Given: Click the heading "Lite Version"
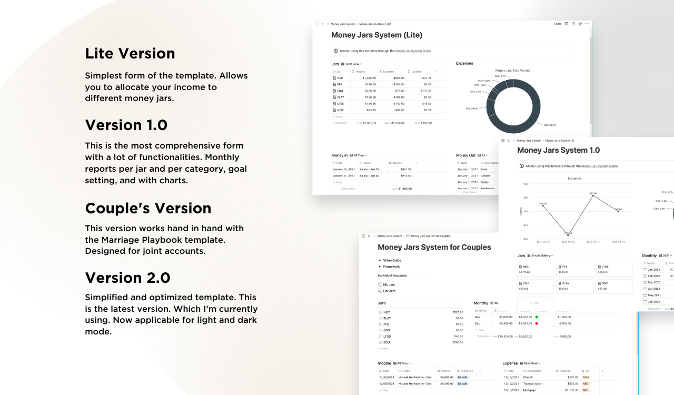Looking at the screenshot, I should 130,54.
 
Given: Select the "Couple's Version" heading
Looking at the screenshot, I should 148,208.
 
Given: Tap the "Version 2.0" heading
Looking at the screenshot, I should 128,278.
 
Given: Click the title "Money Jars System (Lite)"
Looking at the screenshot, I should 376,35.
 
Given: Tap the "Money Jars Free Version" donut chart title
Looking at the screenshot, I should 513,70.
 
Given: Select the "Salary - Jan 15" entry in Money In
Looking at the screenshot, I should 370,169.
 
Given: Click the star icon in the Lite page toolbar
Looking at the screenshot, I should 580,24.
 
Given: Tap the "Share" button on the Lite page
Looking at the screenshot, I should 558,24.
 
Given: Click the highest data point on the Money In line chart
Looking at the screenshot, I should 593,194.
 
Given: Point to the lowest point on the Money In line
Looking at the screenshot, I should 568,232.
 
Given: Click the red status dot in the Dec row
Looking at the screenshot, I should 536,323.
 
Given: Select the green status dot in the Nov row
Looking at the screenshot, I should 536,317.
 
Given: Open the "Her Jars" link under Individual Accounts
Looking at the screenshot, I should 389,291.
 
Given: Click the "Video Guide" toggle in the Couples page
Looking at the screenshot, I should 392,260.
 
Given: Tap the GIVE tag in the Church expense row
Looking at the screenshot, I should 586,377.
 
